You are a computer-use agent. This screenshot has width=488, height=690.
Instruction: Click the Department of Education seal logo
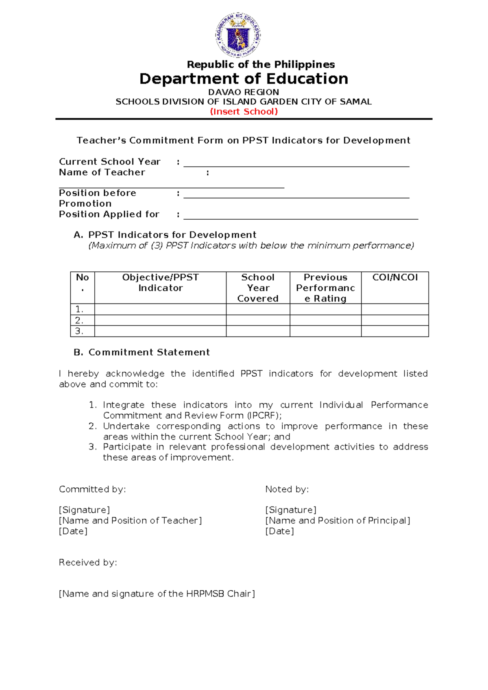pyautogui.click(x=238, y=35)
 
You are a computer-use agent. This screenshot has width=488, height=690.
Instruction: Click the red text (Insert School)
pyautogui.click(x=244, y=111)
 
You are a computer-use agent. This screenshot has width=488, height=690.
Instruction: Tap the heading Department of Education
pyautogui.click(x=244, y=79)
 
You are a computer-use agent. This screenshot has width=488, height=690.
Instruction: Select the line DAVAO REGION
pyautogui.click(x=244, y=92)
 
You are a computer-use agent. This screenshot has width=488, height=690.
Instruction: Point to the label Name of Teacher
pyautogui.click(x=102, y=172)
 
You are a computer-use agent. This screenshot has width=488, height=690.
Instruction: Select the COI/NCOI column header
pyautogui.click(x=395, y=277)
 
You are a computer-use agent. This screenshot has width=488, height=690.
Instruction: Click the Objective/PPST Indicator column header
pyautogui.click(x=160, y=283)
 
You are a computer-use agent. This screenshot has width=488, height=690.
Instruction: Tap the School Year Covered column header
pyautogui.click(x=258, y=288)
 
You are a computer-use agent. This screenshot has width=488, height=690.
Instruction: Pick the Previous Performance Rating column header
pyautogui.click(x=325, y=288)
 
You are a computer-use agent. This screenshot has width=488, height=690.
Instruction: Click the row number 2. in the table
pyautogui.click(x=79, y=320)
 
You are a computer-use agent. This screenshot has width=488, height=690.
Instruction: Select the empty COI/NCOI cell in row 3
pyautogui.click(x=395, y=331)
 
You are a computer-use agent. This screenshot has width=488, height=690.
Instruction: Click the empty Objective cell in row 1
pyautogui.click(x=160, y=309)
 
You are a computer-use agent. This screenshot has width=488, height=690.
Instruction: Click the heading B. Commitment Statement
pyautogui.click(x=142, y=352)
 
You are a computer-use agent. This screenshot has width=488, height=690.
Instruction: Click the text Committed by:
pyautogui.click(x=92, y=489)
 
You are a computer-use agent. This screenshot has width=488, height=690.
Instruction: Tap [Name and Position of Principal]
pyautogui.click(x=338, y=520)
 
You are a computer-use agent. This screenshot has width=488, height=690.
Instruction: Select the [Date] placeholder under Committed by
pyautogui.click(x=73, y=531)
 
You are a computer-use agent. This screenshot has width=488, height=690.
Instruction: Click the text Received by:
pyautogui.click(x=88, y=562)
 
